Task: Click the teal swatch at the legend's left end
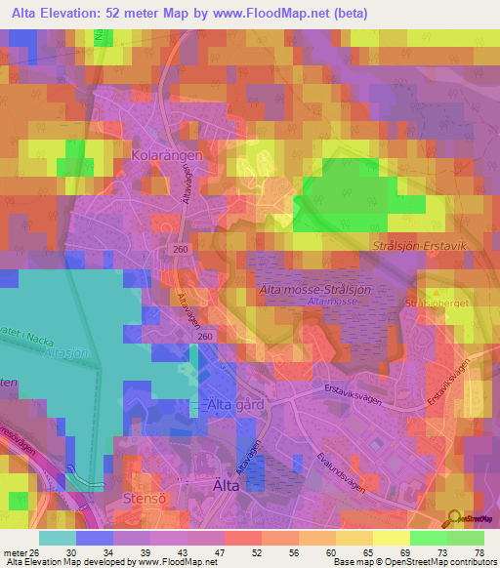click(x=57, y=538)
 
